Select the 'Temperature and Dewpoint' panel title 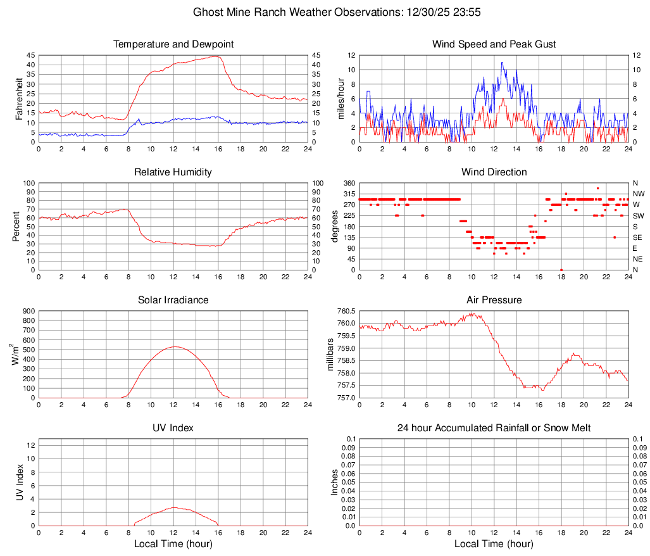tap(173, 44)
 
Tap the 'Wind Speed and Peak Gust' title tap(494, 44)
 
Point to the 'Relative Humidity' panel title tap(173, 172)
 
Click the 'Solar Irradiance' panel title tap(173, 300)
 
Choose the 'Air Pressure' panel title tap(494, 300)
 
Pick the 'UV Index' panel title tap(173, 428)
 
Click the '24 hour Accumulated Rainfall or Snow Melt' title tap(494, 428)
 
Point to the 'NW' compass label tap(638, 194)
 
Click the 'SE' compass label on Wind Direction tap(637, 237)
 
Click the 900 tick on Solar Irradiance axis tap(28, 311)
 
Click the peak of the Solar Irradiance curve tap(174, 346)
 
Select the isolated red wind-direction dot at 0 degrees tap(561, 270)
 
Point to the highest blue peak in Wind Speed tap(502, 62)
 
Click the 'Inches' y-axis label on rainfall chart tap(335, 482)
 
